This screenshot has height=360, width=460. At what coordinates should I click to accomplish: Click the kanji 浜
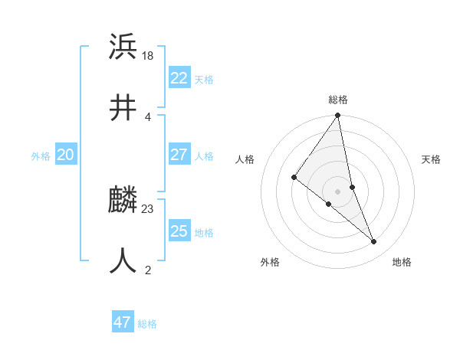pos(123,47)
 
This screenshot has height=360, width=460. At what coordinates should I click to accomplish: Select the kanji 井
pos(123,108)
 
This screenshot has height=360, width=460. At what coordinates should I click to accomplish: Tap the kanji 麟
pos(123,200)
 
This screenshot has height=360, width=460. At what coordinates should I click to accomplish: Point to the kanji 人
pos(123,260)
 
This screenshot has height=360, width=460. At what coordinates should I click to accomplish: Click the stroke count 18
pos(148,57)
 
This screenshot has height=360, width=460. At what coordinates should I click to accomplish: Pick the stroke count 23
pos(148,208)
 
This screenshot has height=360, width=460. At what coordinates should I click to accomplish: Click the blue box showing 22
pos(179,78)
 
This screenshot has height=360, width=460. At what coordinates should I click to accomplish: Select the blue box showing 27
pos(179,155)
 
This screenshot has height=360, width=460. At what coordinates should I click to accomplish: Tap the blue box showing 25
pos(179,231)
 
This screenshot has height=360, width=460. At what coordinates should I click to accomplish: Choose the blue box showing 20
pos(65,155)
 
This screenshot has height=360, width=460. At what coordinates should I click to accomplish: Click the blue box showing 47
pos(122,322)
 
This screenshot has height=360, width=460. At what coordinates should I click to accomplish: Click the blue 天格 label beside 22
pos(204,80)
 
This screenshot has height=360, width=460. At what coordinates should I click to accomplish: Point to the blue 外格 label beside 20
pos(41,156)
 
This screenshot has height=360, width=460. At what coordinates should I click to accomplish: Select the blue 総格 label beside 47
pos(147,324)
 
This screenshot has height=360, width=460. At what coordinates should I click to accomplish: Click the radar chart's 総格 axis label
pos(338,100)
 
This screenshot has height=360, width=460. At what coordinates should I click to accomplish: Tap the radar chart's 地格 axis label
pos(402,262)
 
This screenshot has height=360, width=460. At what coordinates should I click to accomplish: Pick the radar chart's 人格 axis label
pos(245,159)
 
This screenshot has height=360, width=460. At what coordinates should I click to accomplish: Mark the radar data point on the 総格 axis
pos(337,116)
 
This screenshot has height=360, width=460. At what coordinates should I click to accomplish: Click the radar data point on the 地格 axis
pos(373,241)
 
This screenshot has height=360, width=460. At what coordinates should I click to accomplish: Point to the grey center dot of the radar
pos(337,191)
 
